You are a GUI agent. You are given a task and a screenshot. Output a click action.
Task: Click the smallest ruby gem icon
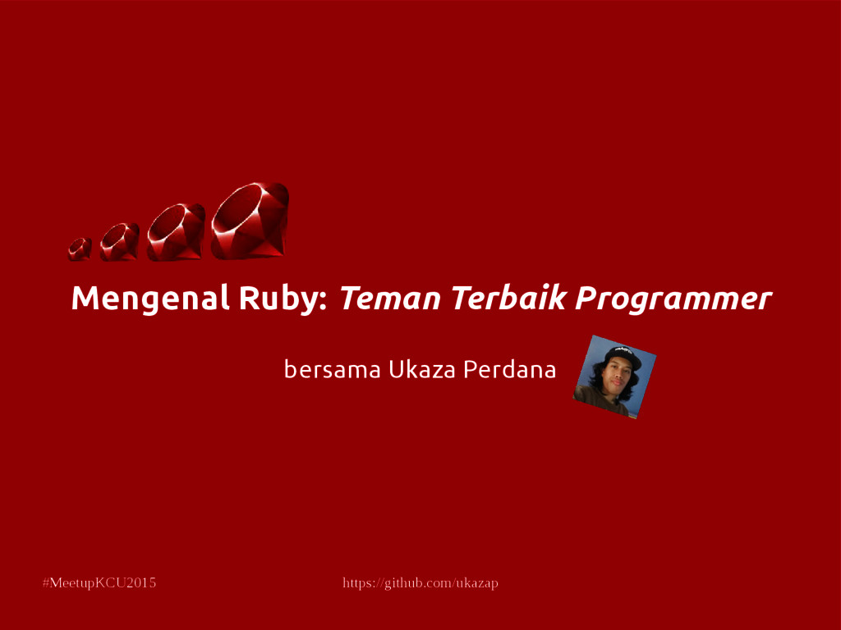[80, 249]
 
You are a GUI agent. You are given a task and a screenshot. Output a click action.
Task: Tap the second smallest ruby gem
[119, 242]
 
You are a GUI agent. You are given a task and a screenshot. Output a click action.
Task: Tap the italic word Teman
[389, 299]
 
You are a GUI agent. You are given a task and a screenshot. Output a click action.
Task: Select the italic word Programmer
[673, 299]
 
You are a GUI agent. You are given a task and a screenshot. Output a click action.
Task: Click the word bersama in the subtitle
[332, 370]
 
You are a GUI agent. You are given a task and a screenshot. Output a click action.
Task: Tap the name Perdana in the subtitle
[509, 370]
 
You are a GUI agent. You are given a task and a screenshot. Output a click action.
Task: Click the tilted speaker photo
[614, 377]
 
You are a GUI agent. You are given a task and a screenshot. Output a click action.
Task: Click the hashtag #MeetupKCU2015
[99, 583]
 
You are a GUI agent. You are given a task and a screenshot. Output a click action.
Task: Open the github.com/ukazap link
[420, 583]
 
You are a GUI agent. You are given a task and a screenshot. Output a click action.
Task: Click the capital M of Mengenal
[84, 299]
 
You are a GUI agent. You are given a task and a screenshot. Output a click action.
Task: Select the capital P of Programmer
[584, 299]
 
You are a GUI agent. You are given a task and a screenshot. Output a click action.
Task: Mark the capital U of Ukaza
[395, 370]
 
